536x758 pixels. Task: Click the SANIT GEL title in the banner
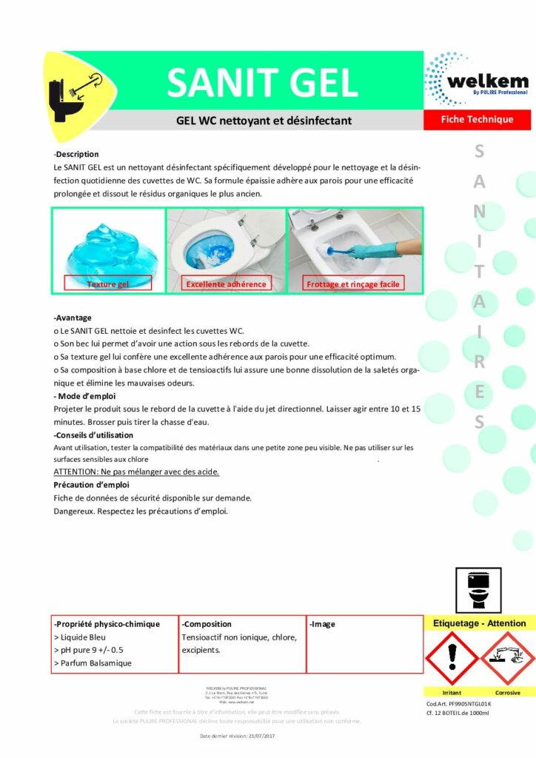(x=263, y=82)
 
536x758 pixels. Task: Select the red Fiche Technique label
(x=477, y=119)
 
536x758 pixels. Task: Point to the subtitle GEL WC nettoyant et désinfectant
(x=264, y=120)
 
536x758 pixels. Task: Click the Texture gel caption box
(x=107, y=284)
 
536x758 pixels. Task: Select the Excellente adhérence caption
(x=226, y=284)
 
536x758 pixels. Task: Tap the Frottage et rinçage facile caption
(x=352, y=284)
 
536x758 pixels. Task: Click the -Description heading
(x=76, y=154)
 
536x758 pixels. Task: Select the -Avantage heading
(x=73, y=318)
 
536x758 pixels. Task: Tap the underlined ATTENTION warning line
(x=137, y=472)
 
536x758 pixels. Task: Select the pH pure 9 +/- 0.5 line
(x=89, y=649)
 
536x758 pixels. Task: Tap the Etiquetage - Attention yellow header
(x=479, y=623)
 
